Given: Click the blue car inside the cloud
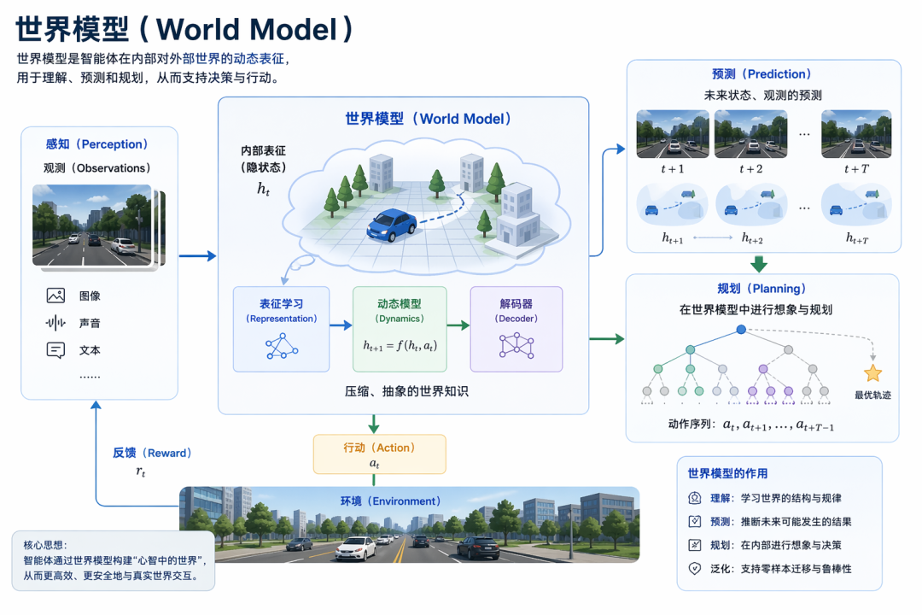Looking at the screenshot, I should coord(392,225).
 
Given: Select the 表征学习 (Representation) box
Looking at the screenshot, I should coord(281,329).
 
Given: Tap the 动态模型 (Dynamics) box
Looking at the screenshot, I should coord(400,329).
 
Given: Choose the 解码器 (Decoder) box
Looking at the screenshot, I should coord(516,329).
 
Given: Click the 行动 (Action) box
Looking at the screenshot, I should coord(379,454).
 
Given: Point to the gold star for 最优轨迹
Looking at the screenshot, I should coord(872,373).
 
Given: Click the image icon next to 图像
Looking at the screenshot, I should coord(56,296).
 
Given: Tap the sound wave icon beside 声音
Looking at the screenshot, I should coord(56,323).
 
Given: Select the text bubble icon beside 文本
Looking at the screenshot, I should coord(56,350).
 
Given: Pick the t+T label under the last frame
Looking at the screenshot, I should coord(856,169).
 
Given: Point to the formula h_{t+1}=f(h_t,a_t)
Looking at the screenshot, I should coord(399,347).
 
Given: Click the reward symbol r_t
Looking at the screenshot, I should coord(142,471).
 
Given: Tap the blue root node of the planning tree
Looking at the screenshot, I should coord(741,329).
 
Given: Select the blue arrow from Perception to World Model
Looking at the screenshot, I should coord(197,255).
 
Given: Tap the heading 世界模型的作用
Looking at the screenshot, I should coord(727,473).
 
